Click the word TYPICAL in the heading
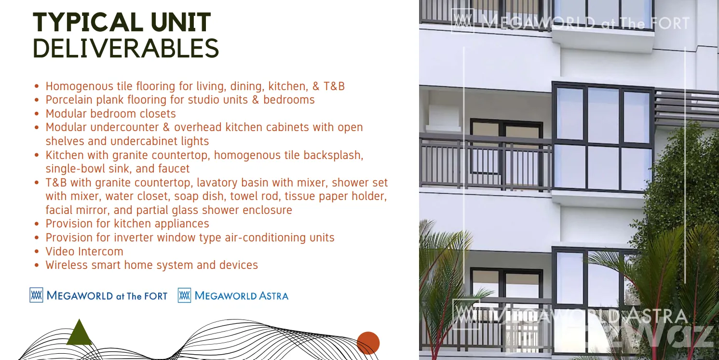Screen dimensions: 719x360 click(88, 22)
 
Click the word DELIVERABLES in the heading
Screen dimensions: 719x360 click(126, 48)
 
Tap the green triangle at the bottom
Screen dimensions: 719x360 click(79, 332)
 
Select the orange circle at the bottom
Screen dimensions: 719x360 click(368, 343)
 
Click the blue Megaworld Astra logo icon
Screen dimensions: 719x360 click(184, 295)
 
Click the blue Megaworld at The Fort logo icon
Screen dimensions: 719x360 click(36, 295)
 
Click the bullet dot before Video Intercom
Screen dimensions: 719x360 click(37, 252)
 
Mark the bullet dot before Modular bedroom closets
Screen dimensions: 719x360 click(37, 114)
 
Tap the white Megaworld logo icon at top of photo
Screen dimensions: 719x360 click(462, 21)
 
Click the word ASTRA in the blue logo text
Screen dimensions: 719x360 click(274, 296)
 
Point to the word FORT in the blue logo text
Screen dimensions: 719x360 click(155, 296)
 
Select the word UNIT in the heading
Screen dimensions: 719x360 click(181, 22)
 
